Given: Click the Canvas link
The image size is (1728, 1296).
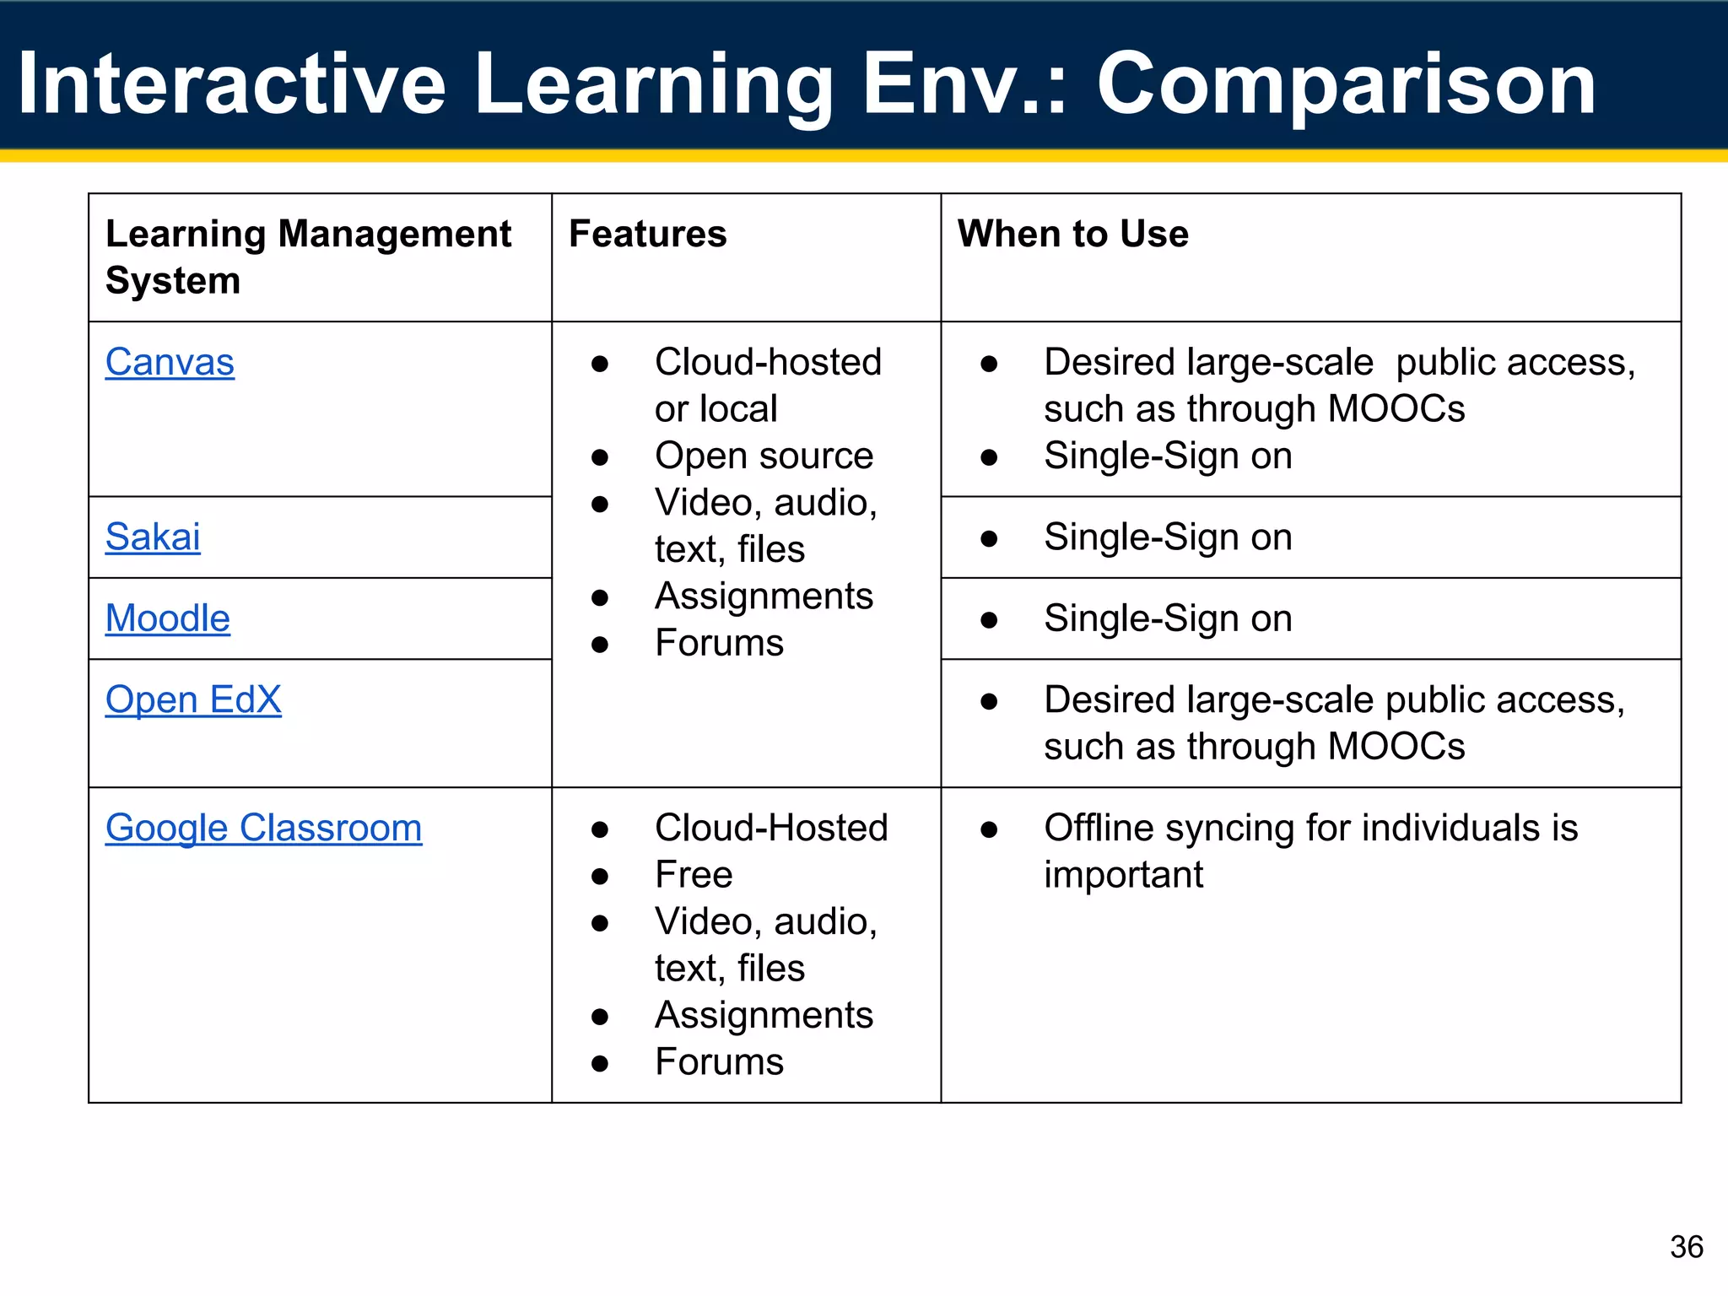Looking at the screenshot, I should (x=170, y=363).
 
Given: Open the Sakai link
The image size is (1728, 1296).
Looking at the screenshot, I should (x=153, y=537).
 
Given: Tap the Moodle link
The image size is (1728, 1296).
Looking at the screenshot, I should (x=167, y=618).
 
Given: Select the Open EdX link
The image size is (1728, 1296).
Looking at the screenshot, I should (x=193, y=700).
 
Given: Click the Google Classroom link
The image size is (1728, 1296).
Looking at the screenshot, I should (x=263, y=828).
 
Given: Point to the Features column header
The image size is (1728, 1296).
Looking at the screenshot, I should (x=647, y=234).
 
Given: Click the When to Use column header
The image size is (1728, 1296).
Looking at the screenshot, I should (x=1072, y=234).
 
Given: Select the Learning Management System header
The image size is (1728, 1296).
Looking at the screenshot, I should (x=308, y=256).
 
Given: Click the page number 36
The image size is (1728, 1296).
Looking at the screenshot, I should (x=1686, y=1247).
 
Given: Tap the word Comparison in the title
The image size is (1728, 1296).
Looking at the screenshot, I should (x=1346, y=84).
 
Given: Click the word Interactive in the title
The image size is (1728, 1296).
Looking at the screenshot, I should (x=232, y=84).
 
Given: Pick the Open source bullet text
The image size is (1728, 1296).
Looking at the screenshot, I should (x=764, y=456).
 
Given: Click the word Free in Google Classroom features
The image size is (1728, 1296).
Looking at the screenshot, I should (x=694, y=875).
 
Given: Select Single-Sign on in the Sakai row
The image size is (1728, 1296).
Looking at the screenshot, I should (x=1168, y=537).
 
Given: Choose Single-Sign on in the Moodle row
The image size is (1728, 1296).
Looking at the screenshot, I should (x=1168, y=618).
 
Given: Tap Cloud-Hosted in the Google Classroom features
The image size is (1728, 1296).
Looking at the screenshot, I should (x=771, y=828).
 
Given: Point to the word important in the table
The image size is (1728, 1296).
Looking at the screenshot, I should (x=1123, y=875).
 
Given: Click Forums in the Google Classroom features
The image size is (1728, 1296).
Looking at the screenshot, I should (x=719, y=1062).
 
